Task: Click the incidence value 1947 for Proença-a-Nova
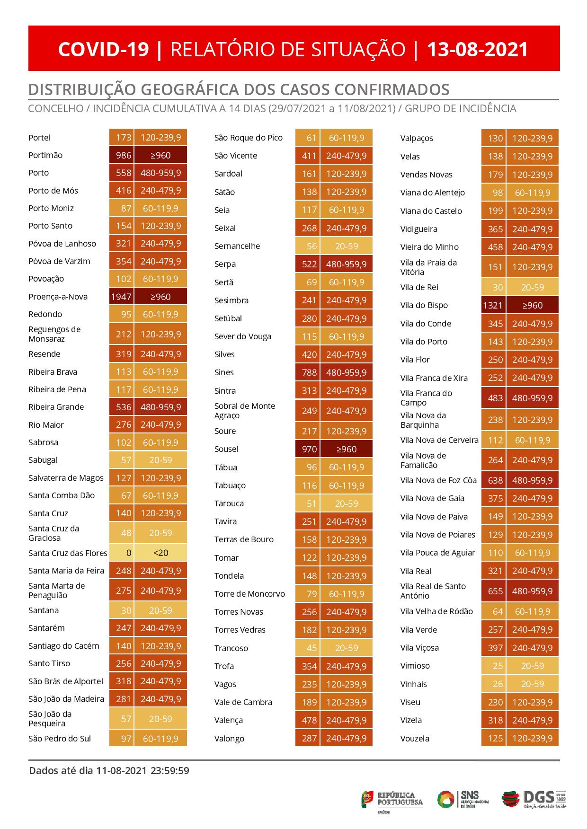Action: point(121,297)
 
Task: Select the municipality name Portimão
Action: point(45,155)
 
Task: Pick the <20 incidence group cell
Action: point(160,553)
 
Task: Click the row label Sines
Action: point(224,372)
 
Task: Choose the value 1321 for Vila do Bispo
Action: point(493,305)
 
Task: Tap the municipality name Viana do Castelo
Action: point(431,211)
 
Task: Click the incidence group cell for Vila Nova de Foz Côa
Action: point(532,480)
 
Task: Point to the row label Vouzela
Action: point(415,738)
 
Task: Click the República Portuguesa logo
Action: point(392,800)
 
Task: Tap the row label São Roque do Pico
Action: point(248,138)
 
